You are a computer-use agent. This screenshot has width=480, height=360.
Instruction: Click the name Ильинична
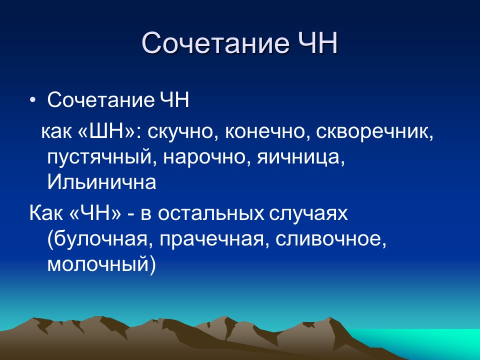[101, 182]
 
